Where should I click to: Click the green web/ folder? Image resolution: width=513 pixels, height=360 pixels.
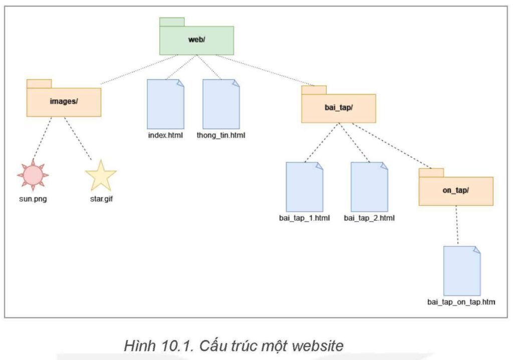coord(196,40)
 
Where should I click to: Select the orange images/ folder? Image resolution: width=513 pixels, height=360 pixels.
coord(64,102)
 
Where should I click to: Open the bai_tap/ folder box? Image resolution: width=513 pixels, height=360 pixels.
coord(338,108)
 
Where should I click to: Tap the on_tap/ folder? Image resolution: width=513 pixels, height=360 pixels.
coord(456,191)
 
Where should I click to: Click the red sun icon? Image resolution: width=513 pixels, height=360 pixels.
coord(33,175)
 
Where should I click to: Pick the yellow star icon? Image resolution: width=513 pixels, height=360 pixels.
coord(101,175)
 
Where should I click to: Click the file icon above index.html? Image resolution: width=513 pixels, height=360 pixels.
coord(165,104)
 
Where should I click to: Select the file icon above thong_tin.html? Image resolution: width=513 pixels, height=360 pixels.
coord(221,104)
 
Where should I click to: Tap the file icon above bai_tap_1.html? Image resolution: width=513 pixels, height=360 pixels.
coord(304,187)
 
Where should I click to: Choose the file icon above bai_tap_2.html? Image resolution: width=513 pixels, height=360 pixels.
coord(369,187)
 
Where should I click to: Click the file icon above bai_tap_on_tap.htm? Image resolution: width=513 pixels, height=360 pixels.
coord(461,271)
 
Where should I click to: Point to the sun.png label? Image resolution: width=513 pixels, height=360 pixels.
coord(33,199)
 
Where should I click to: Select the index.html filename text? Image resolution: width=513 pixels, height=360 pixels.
coord(165,136)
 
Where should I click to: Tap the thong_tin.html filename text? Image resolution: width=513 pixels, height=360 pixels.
coord(221,136)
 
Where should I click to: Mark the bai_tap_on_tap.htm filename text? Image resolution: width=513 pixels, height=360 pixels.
coord(462,302)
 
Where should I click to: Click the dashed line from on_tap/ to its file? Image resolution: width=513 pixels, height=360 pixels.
coord(457,225)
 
